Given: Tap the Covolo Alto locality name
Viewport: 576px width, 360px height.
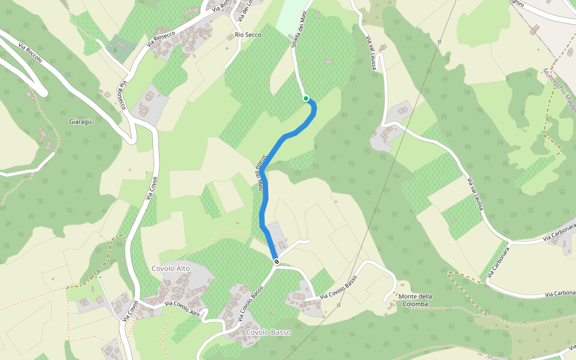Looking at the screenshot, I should coord(170,268).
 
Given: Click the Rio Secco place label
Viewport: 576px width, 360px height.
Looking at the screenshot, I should coord(248,35).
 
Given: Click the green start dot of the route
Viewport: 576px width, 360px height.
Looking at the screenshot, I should coord(306,98).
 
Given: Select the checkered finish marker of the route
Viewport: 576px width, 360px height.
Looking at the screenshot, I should coord(276,261).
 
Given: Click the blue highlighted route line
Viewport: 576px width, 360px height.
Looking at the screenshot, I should coord(264,198).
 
